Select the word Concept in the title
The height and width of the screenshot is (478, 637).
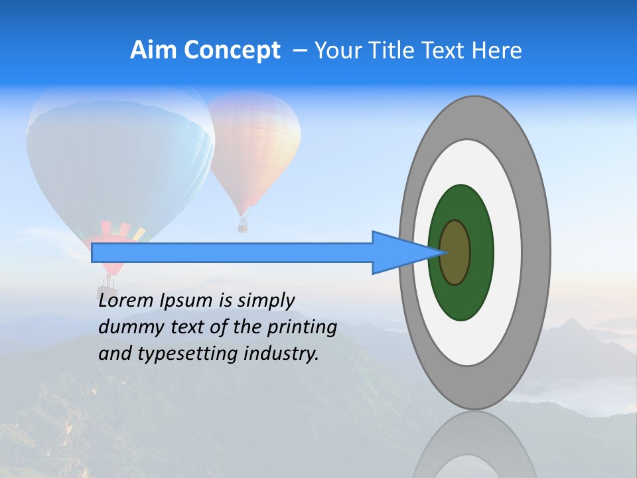(x=232, y=50)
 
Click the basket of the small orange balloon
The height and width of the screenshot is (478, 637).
(x=243, y=226)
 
